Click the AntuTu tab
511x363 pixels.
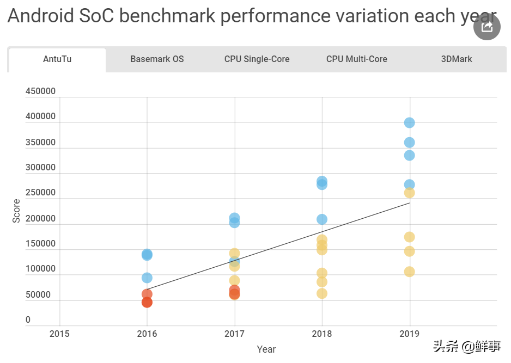click(57, 59)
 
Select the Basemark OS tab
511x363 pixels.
click(157, 59)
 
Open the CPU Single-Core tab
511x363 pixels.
click(257, 59)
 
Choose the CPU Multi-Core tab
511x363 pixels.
click(356, 59)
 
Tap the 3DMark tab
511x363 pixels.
click(456, 59)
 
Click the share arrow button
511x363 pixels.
click(486, 27)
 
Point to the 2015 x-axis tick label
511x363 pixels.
click(59, 333)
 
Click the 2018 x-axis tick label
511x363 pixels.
click(322, 333)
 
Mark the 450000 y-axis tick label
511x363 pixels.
click(40, 91)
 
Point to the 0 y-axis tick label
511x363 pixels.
click(28, 320)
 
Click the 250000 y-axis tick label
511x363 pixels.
click(40, 193)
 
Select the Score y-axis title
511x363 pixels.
click(16, 211)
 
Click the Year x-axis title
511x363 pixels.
click(266, 349)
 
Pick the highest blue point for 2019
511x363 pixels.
click(409, 123)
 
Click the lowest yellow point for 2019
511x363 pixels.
click(409, 272)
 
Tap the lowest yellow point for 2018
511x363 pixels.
click(322, 293)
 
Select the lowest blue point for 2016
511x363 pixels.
click(147, 278)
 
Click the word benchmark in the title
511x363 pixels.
click(167, 16)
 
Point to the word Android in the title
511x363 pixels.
click(40, 16)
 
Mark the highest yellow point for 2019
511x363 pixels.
click(409, 193)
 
